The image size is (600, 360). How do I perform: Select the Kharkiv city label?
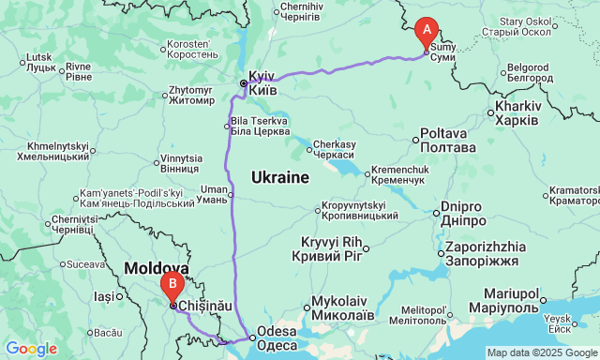pos(512,115)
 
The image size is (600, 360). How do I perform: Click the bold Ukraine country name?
pos(279,177)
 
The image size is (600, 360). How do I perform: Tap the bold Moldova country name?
pos(157,268)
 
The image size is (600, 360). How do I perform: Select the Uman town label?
pos(214,194)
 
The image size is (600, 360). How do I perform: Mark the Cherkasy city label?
pos(336,149)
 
